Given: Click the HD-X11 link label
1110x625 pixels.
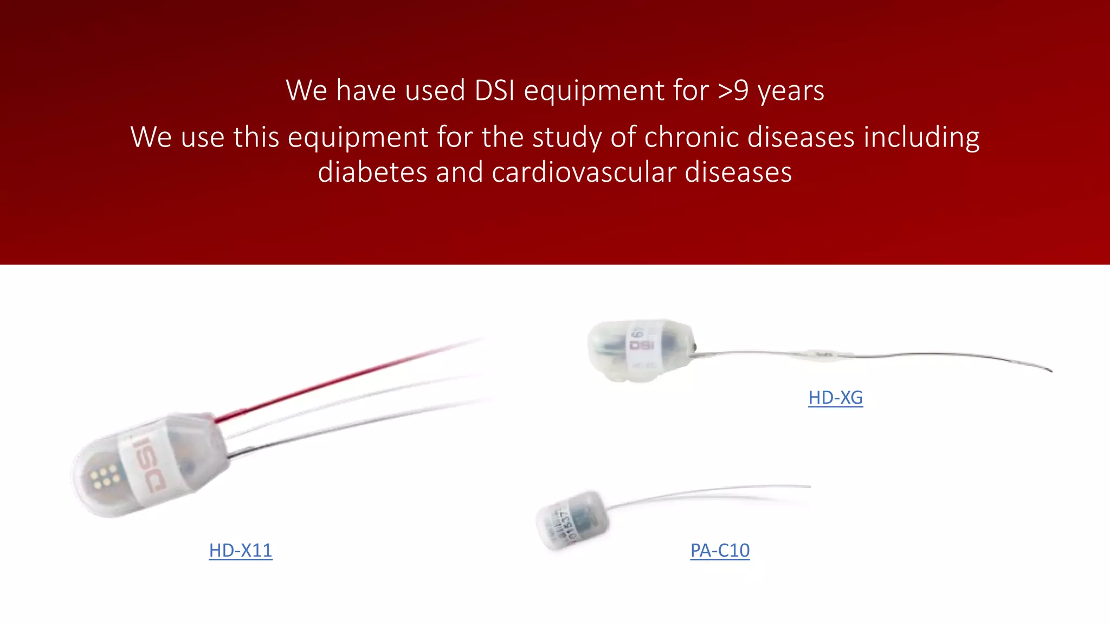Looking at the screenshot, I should (x=240, y=551).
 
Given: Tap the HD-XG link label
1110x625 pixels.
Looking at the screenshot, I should (x=835, y=398).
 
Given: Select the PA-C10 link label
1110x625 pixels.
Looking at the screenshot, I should (x=720, y=551).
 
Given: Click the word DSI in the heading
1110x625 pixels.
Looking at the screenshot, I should (x=494, y=90).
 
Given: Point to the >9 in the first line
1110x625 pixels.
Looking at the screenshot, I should (x=733, y=90).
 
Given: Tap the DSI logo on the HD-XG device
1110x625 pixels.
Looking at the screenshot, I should (x=642, y=345).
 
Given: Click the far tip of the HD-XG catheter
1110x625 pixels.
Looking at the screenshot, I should (x=1050, y=371).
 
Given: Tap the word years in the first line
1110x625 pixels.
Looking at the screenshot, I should (x=791, y=90).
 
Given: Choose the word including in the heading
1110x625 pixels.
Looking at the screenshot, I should (x=921, y=137).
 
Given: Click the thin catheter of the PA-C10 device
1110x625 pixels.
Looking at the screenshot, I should (x=705, y=492).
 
